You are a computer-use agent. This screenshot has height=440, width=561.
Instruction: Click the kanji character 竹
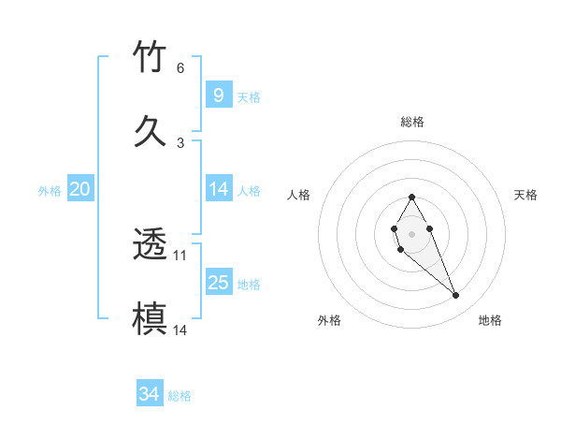click(151, 57)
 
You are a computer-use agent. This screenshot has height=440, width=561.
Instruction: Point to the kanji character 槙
click(151, 317)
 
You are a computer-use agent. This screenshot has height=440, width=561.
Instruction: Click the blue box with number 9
click(218, 95)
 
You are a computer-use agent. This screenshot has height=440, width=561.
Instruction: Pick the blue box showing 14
click(218, 189)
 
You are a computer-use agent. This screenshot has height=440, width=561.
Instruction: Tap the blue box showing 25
click(218, 282)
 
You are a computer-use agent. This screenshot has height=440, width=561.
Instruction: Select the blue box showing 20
click(80, 189)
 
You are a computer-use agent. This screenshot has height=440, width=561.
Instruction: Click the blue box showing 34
click(149, 394)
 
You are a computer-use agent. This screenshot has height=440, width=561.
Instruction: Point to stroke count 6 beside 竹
click(180, 68)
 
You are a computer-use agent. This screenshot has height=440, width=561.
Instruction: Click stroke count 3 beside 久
click(180, 142)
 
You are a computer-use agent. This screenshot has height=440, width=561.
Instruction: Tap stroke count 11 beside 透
click(180, 255)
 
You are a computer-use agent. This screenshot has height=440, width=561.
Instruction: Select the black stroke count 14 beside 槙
click(180, 330)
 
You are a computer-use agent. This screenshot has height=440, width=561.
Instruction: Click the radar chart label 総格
click(411, 122)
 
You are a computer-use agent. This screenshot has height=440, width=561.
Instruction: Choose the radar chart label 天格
click(525, 195)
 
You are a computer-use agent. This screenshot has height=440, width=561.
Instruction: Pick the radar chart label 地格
click(490, 320)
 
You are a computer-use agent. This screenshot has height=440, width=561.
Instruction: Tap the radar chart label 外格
click(329, 320)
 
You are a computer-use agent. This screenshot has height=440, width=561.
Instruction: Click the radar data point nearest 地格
click(456, 296)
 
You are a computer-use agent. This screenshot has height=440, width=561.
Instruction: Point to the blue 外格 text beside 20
click(50, 191)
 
